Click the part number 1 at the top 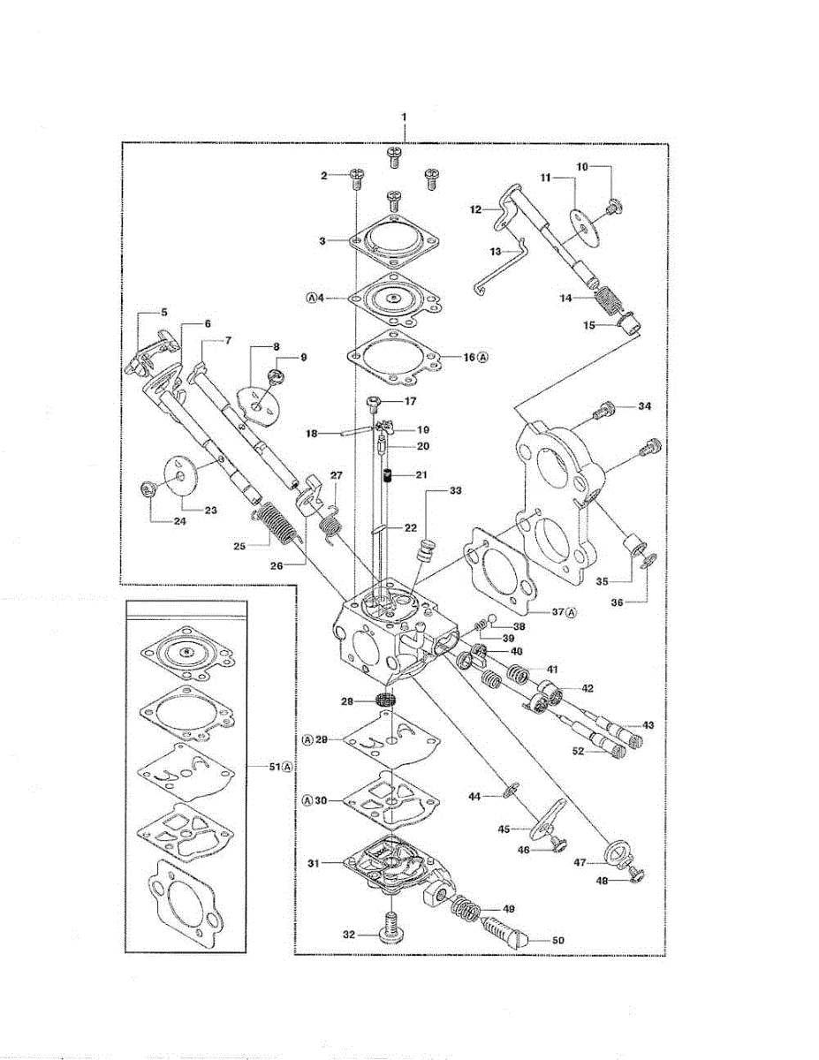coord(404,117)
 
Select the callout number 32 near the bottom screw coord(350,933)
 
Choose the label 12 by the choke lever coord(475,209)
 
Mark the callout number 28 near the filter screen coord(348,700)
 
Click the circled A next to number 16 coord(482,357)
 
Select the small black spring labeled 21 coord(388,479)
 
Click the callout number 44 coord(474,796)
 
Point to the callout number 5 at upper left coord(163,312)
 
